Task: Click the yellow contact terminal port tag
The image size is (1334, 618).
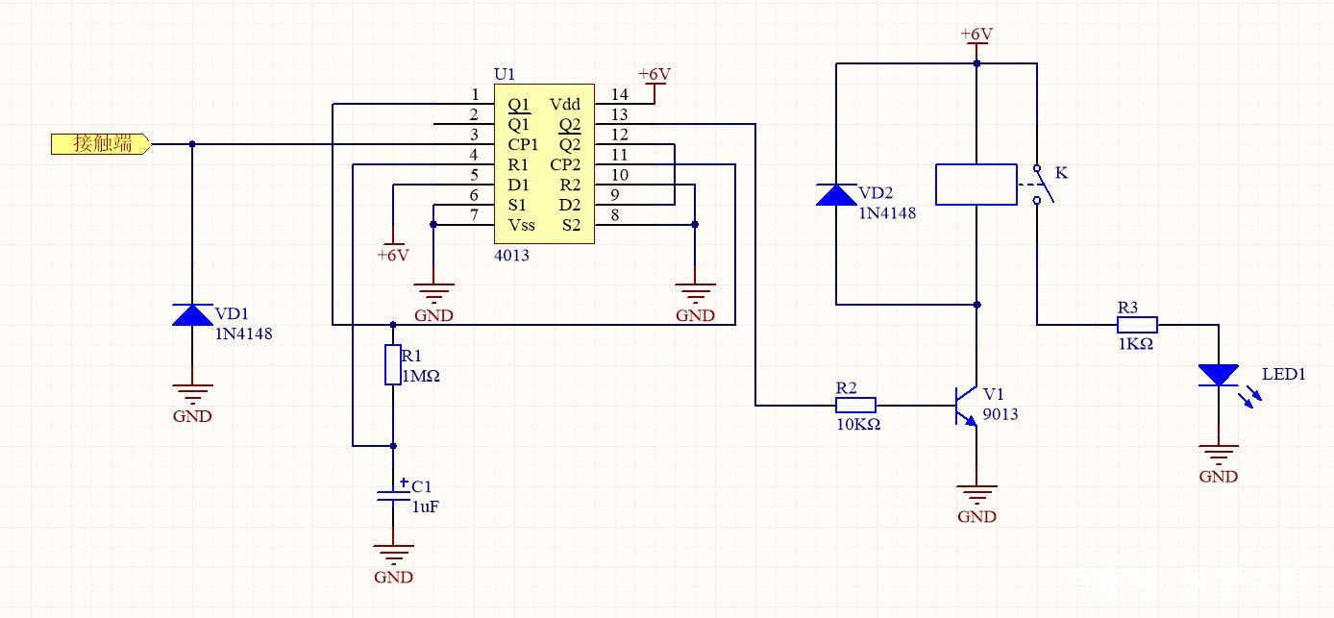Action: click(x=101, y=144)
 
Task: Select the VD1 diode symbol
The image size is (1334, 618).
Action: click(x=192, y=314)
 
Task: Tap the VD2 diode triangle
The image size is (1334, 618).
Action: click(x=836, y=195)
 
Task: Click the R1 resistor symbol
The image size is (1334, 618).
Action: click(x=392, y=364)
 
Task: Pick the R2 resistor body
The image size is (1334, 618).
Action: click(x=855, y=406)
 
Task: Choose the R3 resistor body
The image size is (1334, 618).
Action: click(x=1137, y=325)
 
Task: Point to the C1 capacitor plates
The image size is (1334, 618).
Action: click(x=393, y=495)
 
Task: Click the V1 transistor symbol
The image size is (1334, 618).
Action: click(x=966, y=406)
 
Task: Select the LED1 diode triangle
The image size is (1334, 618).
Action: click(x=1219, y=376)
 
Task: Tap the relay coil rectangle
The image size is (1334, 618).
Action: click(x=976, y=185)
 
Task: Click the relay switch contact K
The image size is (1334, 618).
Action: click(x=1042, y=185)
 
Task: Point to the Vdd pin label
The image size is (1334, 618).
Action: click(x=564, y=104)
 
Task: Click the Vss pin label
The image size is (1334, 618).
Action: click(x=521, y=225)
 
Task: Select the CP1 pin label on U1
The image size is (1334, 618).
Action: click(x=523, y=145)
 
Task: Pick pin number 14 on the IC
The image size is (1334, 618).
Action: click(x=619, y=94)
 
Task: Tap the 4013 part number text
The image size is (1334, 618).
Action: click(x=511, y=256)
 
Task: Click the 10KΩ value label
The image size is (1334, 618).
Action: click(x=858, y=425)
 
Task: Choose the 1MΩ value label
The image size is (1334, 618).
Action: click(x=420, y=376)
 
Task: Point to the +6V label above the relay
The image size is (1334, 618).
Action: click(x=976, y=34)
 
